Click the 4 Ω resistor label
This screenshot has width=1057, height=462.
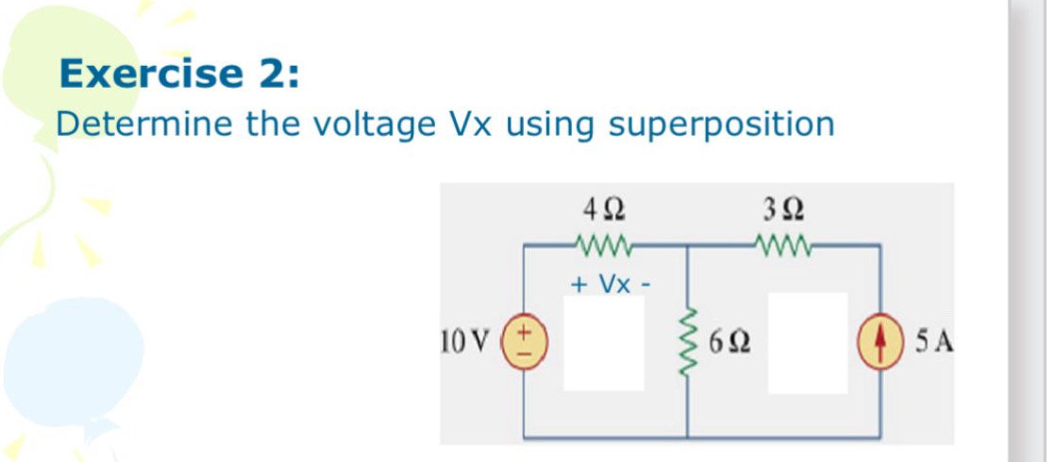(603, 205)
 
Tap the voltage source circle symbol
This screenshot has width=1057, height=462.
(524, 340)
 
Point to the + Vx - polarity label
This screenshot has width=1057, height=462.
(609, 283)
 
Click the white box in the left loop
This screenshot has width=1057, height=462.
(604, 342)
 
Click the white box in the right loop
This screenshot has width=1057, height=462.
(807, 342)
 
